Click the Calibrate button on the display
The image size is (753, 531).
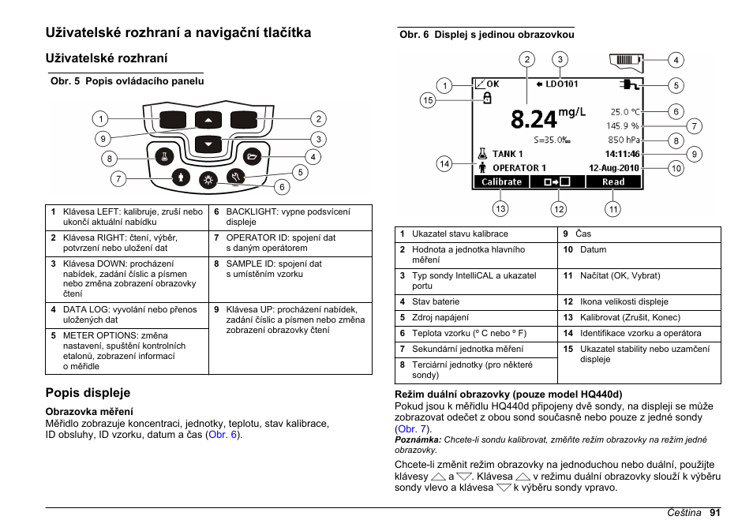[502, 181]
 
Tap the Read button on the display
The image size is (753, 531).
[613, 181]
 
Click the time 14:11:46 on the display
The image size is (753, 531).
[623, 154]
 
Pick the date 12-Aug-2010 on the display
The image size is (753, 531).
[615, 167]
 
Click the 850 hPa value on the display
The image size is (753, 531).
[624, 140]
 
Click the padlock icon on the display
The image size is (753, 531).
[486, 98]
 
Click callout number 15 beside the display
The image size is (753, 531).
[428, 99]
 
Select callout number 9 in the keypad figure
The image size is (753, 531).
[102, 139]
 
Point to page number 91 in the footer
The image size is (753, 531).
[714, 512]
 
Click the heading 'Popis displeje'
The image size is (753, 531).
[88, 393]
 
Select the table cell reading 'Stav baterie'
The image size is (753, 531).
[435, 301]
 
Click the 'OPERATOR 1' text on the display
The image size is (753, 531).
[519, 167]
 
